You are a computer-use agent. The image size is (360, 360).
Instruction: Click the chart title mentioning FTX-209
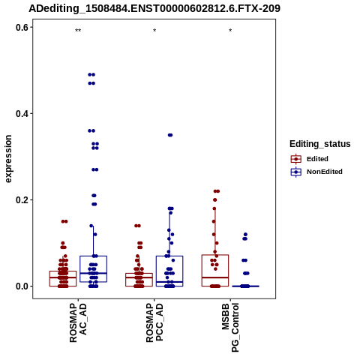(x=154, y=8)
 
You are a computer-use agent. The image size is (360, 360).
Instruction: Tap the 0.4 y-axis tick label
(x=22, y=114)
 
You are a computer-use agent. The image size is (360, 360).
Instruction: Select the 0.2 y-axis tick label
(x=22, y=200)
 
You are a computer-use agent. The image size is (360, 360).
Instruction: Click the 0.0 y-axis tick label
(x=22, y=286)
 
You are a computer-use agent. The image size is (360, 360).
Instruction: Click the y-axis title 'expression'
(x=8, y=159)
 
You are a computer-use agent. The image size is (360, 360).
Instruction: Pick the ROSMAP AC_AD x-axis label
(x=78, y=322)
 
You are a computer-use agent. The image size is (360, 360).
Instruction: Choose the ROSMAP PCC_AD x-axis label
(x=154, y=322)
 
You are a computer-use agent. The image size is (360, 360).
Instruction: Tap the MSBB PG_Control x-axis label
(x=230, y=328)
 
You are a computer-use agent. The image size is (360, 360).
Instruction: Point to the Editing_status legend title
(x=320, y=144)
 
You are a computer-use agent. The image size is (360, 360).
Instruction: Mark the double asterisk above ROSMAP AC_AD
(x=78, y=31)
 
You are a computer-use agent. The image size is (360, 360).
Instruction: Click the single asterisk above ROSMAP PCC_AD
(x=154, y=31)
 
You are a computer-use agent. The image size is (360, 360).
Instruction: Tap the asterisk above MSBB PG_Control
(x=230, y=31)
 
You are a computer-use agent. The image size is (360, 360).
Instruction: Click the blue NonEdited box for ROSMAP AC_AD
(x=94, y=269)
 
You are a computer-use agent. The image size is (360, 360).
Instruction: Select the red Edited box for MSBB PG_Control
(x=215, y=271)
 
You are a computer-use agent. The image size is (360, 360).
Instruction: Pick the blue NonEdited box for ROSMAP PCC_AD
(x=169, y=271)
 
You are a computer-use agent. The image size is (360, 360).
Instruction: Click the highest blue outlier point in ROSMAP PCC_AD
(x=170, y=135)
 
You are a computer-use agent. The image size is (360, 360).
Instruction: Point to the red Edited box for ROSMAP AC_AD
(x=63, y=278)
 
